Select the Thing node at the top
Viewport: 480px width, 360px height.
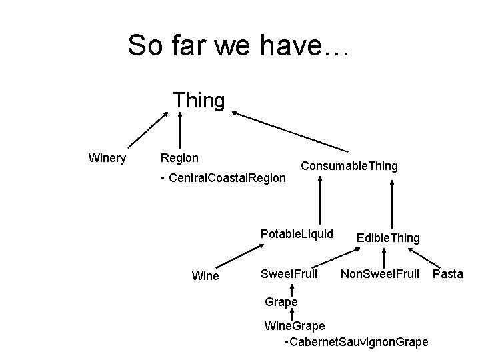(x=199, y=100)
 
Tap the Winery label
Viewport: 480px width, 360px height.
(x=107, y=158)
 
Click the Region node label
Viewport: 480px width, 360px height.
(x=179, y=158)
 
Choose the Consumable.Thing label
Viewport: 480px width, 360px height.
(x=349, y=165)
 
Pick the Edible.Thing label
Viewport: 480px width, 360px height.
(x=388, y=238)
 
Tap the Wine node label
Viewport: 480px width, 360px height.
(x=205, y=275)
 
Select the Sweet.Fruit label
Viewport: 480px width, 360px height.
(x=289, y=274)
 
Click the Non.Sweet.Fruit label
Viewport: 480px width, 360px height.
(x=380, y=274)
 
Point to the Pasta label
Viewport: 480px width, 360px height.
(x=447, y=274)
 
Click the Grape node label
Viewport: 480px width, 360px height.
(x=281, y=302)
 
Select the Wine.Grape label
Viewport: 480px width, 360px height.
(x=295, y=325)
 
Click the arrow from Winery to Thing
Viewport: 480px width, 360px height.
(x=148, y=129)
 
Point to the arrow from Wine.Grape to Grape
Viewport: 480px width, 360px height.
(x=292, y=314)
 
